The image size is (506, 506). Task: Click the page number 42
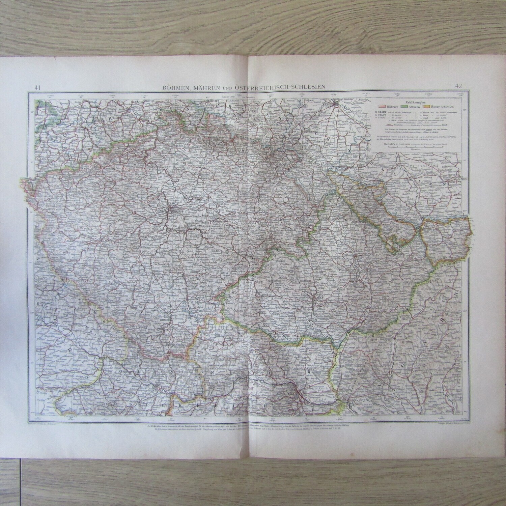click(458, 86)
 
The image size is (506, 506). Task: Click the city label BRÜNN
click(317, 298)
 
